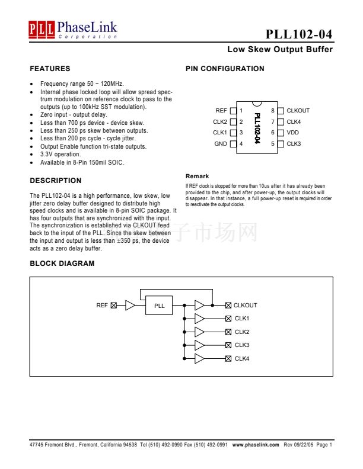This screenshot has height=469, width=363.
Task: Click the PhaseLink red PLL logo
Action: pyautogui.click(x=42, y=28)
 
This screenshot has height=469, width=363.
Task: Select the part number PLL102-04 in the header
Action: pyautogui.click(x=299, y=33)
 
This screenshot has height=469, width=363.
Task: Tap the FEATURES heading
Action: pyautogui.click(x=50, y=69)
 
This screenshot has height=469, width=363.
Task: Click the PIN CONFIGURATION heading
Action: pyautogui.click(x=225, y=69)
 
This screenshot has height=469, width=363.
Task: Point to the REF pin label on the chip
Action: pyautogui.click(x=221, y=111)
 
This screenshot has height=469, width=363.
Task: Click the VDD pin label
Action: pyautogui.click(x=292, y=133)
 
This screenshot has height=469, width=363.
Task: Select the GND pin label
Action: pyautogui.click(x=221, y=144)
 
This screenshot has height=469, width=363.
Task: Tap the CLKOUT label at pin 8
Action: pyautogui.click(x=298, y=111)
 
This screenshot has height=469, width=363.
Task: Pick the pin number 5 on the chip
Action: pyautogui.click(x=273, y=144)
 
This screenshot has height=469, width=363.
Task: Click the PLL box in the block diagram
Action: pyautogui.click(x=159, y=306)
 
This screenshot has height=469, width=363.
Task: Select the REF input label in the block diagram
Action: pyautogui.click(x=102, y=306)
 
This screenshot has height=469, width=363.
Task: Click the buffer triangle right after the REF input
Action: pyautogui.click(x=130, y=306)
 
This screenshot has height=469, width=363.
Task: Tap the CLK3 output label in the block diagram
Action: pyautogui.click(x=242, y=345)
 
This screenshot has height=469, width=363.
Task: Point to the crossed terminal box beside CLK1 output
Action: pyautogui.click(x=228, y=319)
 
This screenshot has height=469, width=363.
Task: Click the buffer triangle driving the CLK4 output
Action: pyautogui.click(x=199, y=359)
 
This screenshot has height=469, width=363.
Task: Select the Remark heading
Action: pyautogui.click(x=197, y=176)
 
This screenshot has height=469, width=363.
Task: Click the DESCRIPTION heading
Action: pyautogui.click(x=56, y=181)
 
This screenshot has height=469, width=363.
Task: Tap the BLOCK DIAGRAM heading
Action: pyautogui.click(x=62, y=264)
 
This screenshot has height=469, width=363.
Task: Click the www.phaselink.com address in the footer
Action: pyautogui.click(x=256, y=444)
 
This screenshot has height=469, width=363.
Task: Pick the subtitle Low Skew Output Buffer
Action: pyautogui.click(x=280, y=50)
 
